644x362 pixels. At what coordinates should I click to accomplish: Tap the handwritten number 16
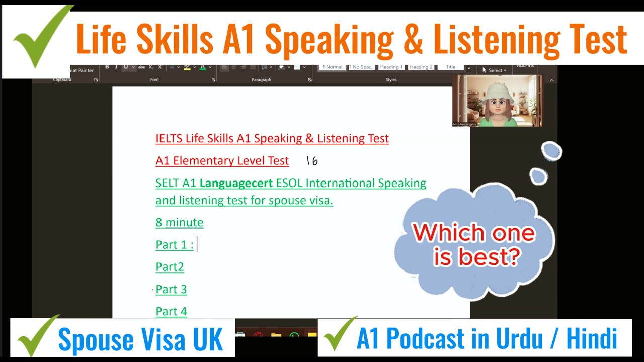tap(312, 161)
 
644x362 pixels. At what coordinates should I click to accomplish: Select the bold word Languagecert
tap(236, 183)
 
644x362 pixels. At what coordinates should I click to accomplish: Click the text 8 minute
tap(180, 222)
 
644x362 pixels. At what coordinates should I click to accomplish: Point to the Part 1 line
tap(174, 245)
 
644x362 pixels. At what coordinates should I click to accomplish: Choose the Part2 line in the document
tap(170, 267)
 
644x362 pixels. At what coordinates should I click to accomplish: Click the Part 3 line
tap(171, 289)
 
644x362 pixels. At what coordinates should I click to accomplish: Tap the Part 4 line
tap(171, 311)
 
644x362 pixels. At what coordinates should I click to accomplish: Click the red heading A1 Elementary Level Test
tap(222, 161)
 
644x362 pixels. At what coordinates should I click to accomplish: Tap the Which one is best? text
tap(473, 245)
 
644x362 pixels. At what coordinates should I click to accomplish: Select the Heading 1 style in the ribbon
tap(391, 67)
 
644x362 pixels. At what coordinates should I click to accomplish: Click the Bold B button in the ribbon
tap(107, 67)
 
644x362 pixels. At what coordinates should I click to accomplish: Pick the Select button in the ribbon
tap(495, 70)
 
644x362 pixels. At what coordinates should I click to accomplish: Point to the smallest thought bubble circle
tap(538, 176)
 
